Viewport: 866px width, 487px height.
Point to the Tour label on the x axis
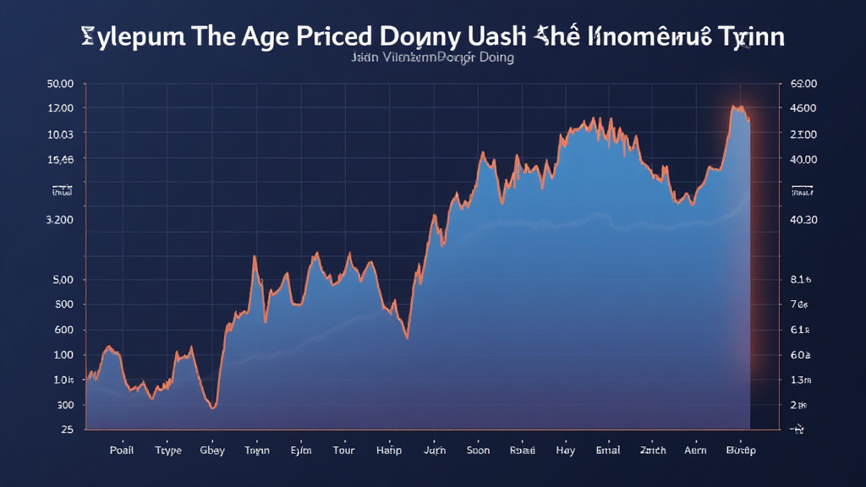344,451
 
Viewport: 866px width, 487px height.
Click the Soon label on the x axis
479,451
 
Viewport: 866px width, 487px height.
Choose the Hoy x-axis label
566,451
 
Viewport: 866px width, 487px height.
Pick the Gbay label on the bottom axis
211,451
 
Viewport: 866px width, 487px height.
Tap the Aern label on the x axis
694,451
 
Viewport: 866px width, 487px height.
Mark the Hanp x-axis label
388,451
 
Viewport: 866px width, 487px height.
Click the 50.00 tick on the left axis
60,84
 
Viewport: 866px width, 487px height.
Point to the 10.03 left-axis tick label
61,134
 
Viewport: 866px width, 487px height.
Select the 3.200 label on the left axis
59,220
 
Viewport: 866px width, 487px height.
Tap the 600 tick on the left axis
63,330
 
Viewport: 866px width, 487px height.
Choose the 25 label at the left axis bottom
67,430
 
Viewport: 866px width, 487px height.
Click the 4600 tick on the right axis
803,108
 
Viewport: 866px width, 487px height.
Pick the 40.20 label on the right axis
803,220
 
